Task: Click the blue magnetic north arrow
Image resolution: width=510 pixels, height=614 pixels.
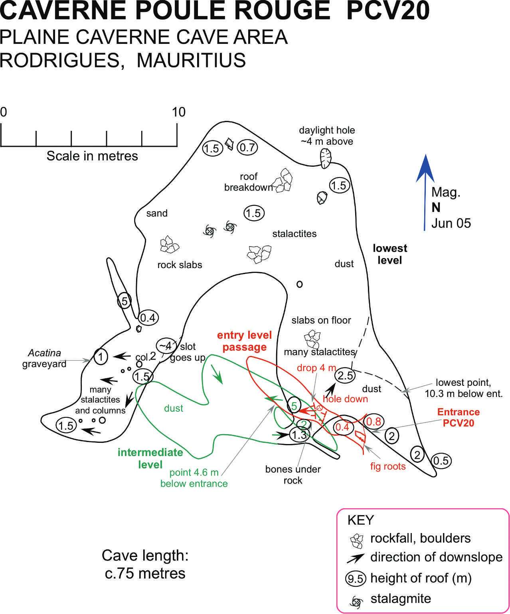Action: (x=425, y=192)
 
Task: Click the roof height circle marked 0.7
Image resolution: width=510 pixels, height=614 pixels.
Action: (x=247, y=148)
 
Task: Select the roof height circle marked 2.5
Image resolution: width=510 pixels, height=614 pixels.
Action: (x=345, y=375)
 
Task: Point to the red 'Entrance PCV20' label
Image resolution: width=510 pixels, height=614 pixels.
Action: (x=459, y=417)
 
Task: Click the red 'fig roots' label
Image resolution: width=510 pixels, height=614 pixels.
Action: (x=387, y=466)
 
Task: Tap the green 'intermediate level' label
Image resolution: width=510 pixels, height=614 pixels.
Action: (x=150, y=458)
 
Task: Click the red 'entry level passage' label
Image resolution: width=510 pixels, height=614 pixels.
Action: (x=244, y=341)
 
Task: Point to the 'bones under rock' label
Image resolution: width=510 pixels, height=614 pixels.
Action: (x=293, y=475)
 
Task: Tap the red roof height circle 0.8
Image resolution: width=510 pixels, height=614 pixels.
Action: (x=374, y=421)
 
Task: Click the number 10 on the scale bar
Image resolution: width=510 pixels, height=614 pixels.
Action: (x=179, y=112)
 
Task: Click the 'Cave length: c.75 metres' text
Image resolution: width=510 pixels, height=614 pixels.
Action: (x=145, y=564)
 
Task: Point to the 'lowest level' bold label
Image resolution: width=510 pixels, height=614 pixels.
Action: (x=389, y=254)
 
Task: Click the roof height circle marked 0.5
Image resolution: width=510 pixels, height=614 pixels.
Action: (x=441, y=461)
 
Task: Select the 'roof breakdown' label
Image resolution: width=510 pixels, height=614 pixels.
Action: (x=248, y=182)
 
